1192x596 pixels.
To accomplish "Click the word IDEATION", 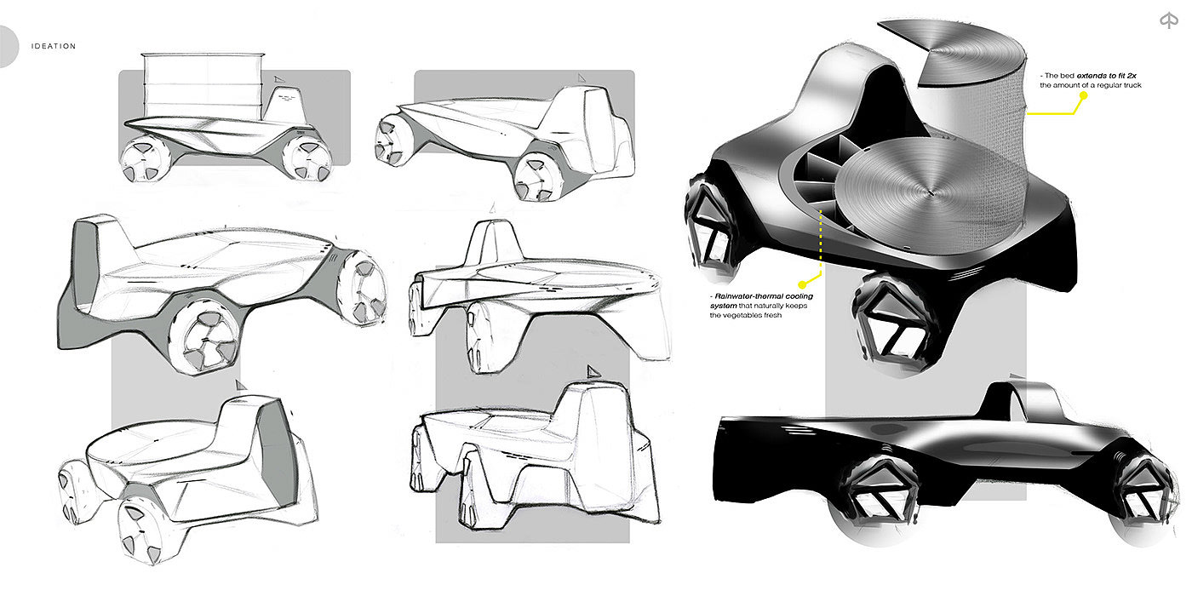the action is pyautogui.click(x=53, y=46).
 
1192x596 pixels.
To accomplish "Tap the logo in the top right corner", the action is pyautogui.click(x=1168, y=20).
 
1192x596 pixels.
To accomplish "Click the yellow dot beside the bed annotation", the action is pyautogui.click(x=1083, y=95).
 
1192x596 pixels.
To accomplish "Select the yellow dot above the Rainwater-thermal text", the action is pyautogui.click(x=802, y=284).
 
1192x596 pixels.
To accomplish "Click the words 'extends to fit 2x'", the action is pyautogui.click(x=1106, y=76).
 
